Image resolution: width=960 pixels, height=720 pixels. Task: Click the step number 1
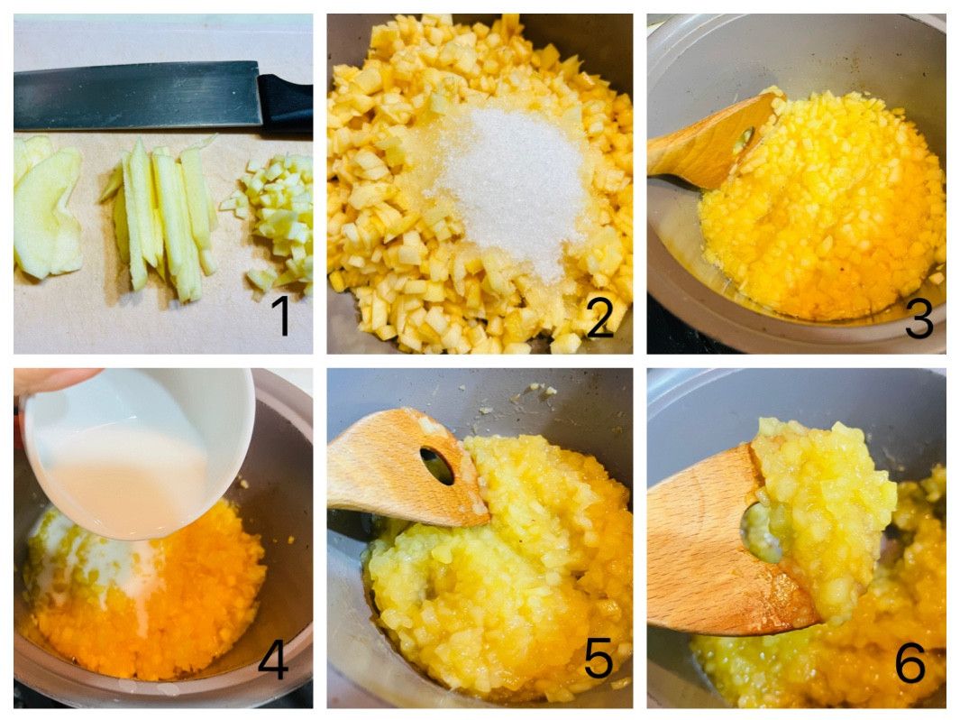pos(281,316)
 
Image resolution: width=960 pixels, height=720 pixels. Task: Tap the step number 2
pos(599,318)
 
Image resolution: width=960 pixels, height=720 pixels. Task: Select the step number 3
pos(919,318)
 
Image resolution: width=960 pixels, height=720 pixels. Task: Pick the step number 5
pos(599,660)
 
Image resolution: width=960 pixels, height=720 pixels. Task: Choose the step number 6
pos(910,661)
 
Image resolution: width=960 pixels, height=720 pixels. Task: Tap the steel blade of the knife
pos(137,96)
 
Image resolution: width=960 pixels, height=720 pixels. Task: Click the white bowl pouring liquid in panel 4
pos(139,454)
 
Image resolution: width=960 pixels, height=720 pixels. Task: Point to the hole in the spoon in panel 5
pos(437,465)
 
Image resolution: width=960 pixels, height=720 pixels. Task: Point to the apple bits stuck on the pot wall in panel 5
pos(535,392)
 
